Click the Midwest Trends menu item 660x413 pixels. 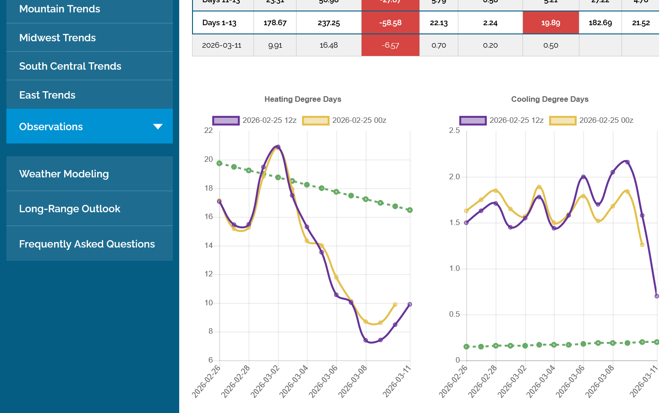coord(57,38)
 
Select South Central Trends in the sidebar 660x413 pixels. coord(70,66)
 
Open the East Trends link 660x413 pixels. coord(47,95)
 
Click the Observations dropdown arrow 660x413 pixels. coord(158,127)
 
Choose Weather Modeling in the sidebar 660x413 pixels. coord(64,174)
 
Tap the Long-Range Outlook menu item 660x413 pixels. coord(69,209)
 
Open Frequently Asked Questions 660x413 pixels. coord(87,244)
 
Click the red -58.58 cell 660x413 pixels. coord(390,22)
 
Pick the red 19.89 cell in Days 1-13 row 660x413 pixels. coord(550,22)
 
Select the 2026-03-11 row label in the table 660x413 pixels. coord(221,45)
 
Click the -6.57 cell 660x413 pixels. coord(390,45)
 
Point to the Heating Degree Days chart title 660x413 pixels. coord(302,99)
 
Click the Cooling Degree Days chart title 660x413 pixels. coord(550,99)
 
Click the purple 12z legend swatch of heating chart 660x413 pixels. coord(225,121)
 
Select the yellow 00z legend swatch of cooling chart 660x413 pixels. coord(562,121)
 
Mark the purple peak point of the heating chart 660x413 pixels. coord(278,147)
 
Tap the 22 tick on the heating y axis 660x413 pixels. coord(209,131)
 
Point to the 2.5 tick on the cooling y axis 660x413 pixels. coord(454,131)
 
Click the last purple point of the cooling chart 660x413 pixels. coord(657,296)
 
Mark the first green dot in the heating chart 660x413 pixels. coord(220,163)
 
